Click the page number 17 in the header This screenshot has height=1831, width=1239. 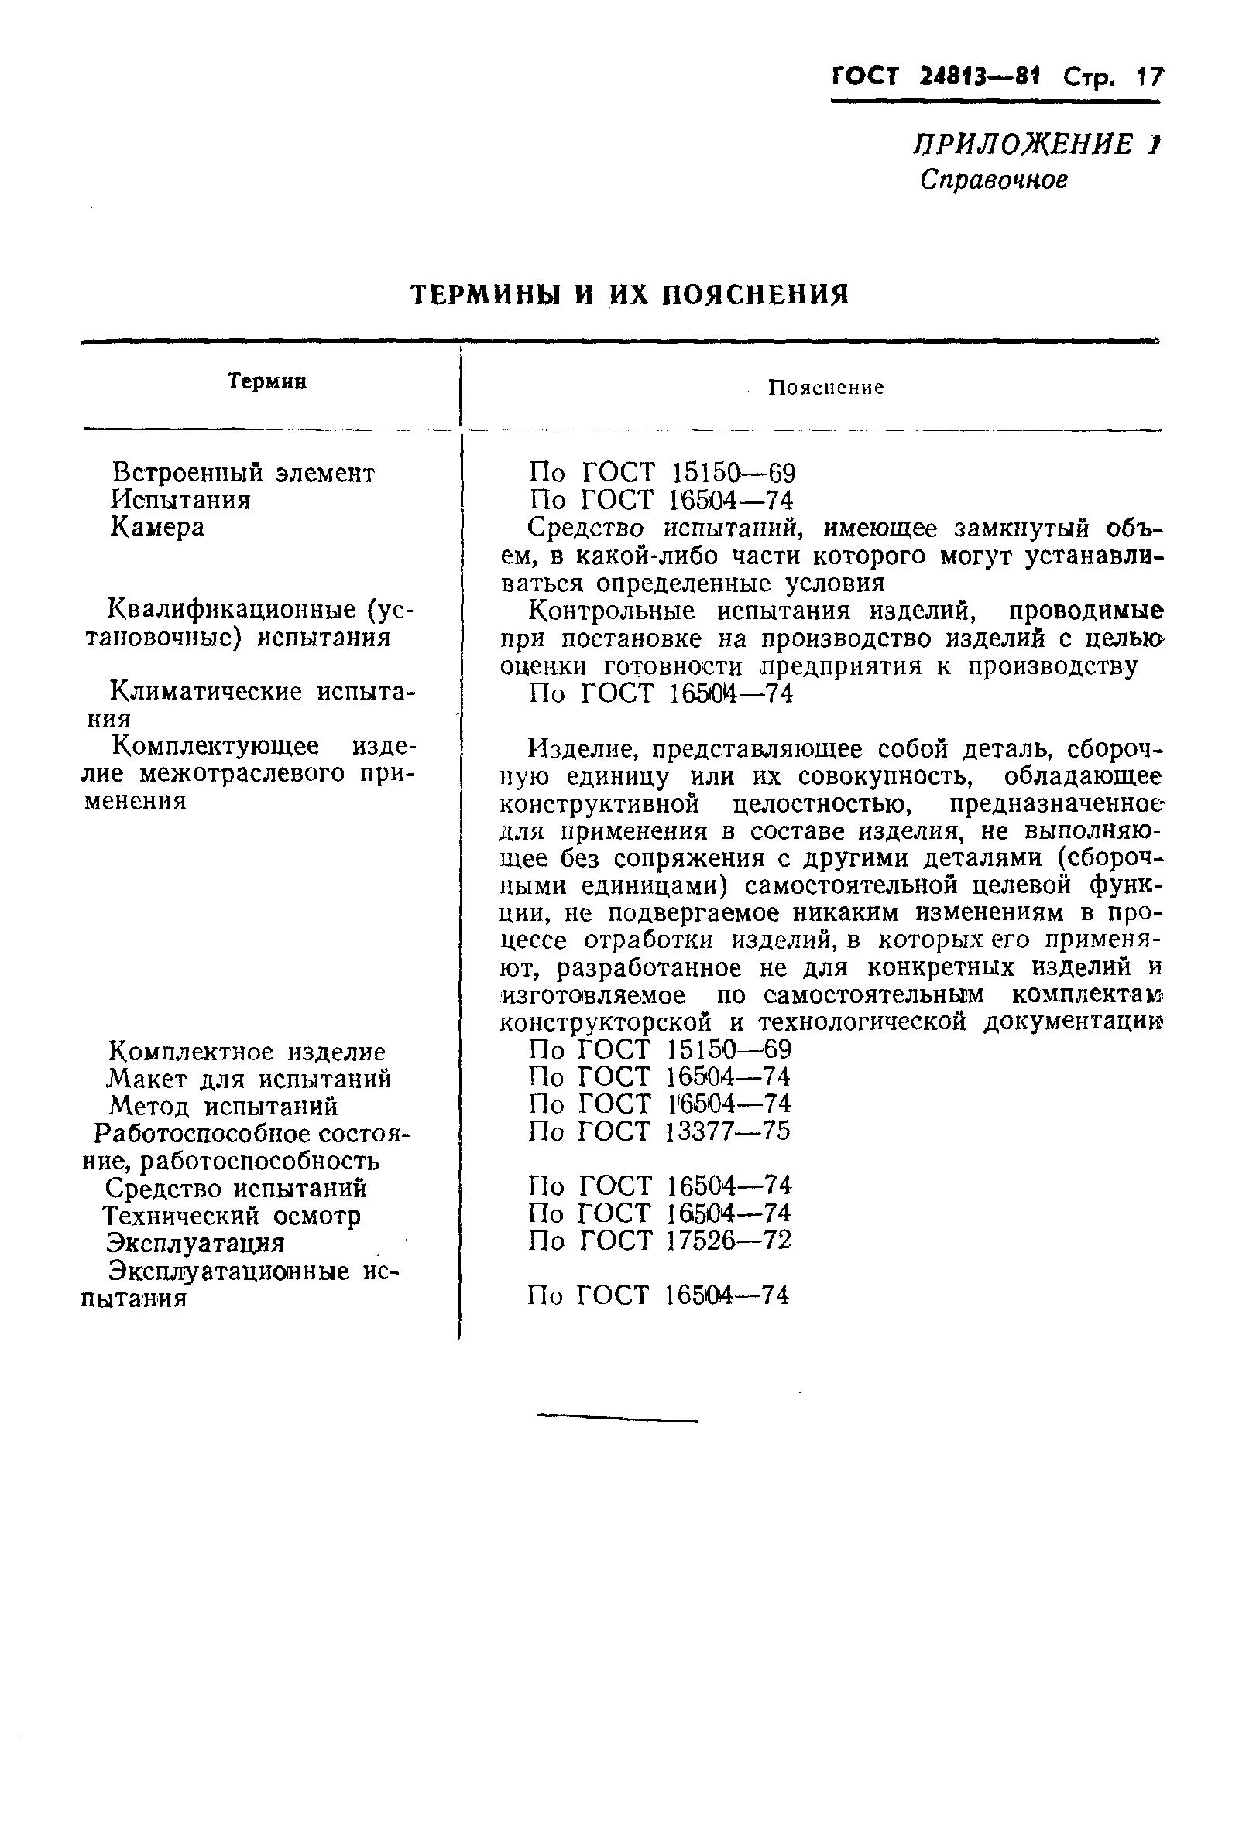(1148, 77)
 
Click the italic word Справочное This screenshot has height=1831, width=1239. (993, 180)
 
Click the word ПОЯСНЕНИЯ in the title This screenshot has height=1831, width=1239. (754, 295)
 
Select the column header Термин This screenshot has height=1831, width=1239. (266, 382)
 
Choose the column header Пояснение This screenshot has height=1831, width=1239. (825, 388)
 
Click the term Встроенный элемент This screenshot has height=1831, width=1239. (244, 473)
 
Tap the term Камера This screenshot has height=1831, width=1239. (157, 526)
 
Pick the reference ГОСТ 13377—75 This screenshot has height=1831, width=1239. (659, 1131)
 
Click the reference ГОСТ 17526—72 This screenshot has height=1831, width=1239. (660, 1241)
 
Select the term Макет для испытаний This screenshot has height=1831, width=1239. (249, 1078)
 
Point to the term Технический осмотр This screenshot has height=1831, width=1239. (232, 1215)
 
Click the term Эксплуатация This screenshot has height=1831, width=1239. (195, 1243)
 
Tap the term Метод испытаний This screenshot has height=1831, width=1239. (223, 1105)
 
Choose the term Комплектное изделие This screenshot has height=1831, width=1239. (246, 1051)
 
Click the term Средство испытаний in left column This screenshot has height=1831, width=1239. (235, 1187)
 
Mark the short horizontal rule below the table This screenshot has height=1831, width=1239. (617, 1420)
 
